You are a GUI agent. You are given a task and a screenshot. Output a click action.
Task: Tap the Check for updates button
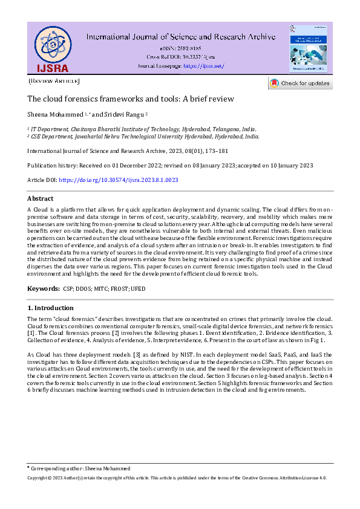point(300,83)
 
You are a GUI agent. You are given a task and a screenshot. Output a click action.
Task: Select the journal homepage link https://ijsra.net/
point(203,65)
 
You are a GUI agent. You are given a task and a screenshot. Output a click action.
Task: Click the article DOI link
point(119,180)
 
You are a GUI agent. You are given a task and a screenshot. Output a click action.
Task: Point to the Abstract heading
point(41,198)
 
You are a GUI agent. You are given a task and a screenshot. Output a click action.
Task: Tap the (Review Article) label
point(54,81)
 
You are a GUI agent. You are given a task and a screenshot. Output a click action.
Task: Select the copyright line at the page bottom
point(177,478)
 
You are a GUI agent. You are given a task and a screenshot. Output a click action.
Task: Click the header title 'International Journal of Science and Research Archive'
point(181,37)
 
